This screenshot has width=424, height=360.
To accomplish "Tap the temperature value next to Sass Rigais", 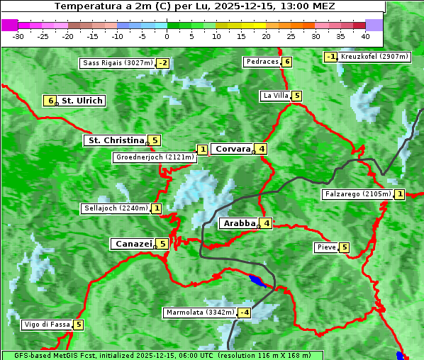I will [163, 63].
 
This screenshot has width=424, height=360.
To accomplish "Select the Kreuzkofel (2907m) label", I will [374, 57].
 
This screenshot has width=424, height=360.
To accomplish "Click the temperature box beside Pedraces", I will [286, 62].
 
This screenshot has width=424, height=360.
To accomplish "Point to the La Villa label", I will [275, 96].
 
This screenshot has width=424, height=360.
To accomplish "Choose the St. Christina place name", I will [115, 140].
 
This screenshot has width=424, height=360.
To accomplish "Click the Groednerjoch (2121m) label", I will [155, 157].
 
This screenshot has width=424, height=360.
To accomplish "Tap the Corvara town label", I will [233, 149].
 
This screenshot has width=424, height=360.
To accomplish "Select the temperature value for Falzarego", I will [400, 194].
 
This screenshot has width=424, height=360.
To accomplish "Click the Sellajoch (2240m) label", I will [115, 208].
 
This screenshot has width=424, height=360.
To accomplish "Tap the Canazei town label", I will [133, 244].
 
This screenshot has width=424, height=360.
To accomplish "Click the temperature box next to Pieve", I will [344, 247].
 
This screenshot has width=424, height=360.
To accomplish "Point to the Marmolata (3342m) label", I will [199, 313].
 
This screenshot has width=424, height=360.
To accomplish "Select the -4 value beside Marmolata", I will [245, 313].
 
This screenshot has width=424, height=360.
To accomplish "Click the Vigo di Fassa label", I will [47, 325].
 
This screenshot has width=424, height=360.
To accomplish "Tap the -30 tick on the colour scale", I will [18, 35].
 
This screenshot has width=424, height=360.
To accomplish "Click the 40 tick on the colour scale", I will [365, 35].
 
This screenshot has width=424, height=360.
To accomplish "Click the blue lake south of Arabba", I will [259, 281].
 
